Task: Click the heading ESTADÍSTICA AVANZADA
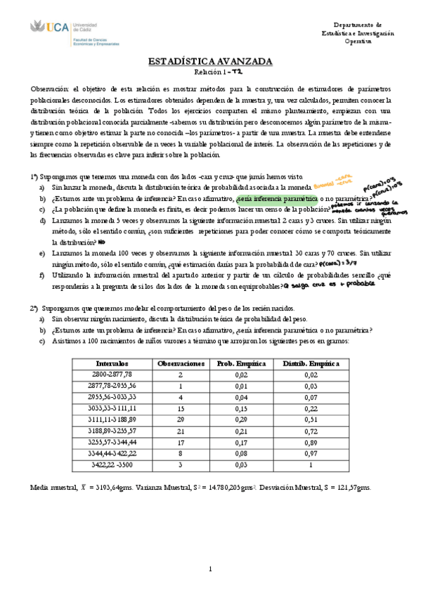(210, 62)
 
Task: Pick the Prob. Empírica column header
(240, 363)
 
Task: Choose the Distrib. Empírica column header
(310, 363)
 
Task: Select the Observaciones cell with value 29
(181, 420)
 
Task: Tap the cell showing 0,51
(310, 420)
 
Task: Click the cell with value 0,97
(310, 454)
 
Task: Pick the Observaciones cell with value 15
(181, 409)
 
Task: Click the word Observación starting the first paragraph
(51, 89)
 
